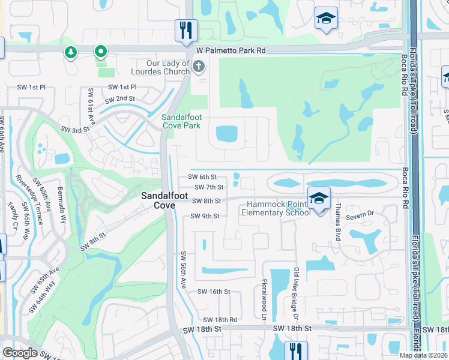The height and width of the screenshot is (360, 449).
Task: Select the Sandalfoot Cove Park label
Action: coord(181,122)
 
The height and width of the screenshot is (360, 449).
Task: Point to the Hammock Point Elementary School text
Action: coord(276,208)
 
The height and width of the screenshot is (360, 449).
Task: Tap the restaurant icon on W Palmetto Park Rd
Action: coord(186,30)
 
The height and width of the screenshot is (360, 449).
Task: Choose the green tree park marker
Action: coord(71,53)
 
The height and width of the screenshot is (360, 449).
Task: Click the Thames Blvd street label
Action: coord(340,223)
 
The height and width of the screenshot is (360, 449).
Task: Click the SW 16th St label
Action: coord(214,292)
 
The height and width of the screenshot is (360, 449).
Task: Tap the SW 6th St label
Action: coord(202,177)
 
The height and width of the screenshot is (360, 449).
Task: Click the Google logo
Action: coord(20,353)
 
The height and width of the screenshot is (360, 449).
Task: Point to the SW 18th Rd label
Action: coord(220,320)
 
